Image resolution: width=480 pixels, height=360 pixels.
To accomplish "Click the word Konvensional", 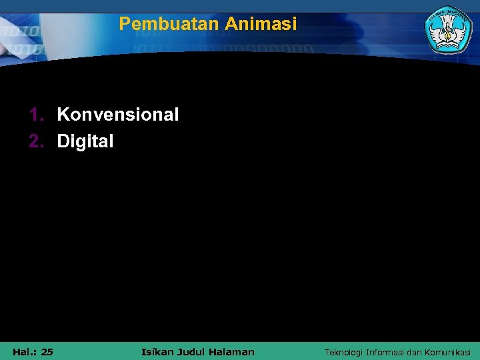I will (118, 115).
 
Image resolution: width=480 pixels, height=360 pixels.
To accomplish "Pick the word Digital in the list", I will (85, 141).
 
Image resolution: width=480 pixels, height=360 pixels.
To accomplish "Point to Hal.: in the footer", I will (23, 351).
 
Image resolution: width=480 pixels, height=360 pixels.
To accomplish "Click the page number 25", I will (47, 351).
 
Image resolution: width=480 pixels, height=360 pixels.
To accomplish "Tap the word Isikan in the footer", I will (158, 351).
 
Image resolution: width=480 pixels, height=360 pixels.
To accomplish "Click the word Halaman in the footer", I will (233, 351).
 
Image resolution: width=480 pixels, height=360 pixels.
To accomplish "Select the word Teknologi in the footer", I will (344, 352).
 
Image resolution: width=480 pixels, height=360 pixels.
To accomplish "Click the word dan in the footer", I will (415, 352).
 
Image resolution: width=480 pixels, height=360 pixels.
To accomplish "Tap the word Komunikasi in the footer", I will (447, 352).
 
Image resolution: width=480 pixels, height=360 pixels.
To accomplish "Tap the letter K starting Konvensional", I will (63, 115).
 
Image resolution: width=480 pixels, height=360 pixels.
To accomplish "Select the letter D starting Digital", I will (63, 141).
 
